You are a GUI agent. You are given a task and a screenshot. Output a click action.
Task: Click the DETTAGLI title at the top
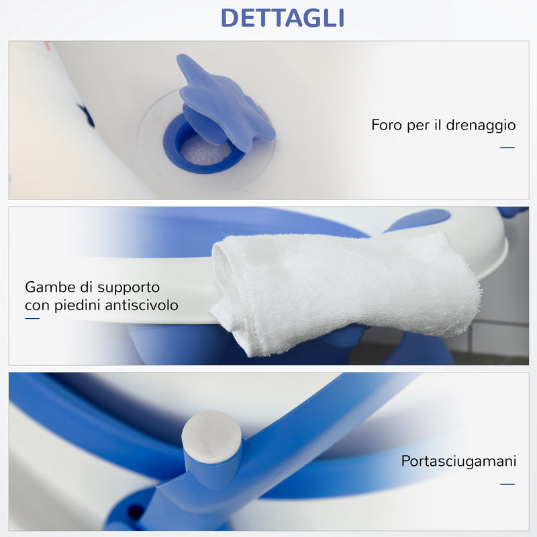[282, 17]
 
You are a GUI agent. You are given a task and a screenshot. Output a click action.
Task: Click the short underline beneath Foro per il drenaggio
[507, 148]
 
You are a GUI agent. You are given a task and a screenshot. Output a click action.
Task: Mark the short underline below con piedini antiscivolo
[32, 319]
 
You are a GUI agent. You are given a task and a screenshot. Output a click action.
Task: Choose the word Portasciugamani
[458, 462]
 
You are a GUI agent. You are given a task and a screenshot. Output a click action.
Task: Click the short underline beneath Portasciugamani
[507, 484]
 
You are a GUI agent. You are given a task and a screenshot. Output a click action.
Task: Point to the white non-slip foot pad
[211, 436]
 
